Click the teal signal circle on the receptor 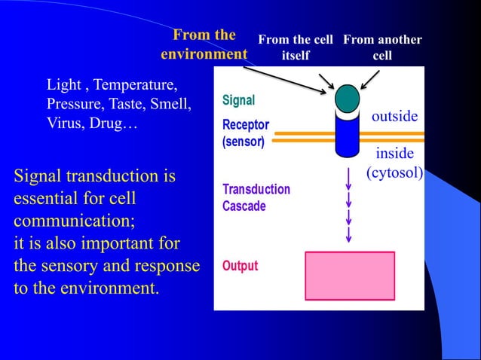point(347,98)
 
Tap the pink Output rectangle point(349,276)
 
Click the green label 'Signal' point(238,100)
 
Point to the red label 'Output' point(240,266)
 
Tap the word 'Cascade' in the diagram point(244,206)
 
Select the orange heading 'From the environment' point(204,44)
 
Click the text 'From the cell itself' point(296,47)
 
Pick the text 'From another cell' point(382,47)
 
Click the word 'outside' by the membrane point(394,117)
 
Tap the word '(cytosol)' point(394,172)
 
